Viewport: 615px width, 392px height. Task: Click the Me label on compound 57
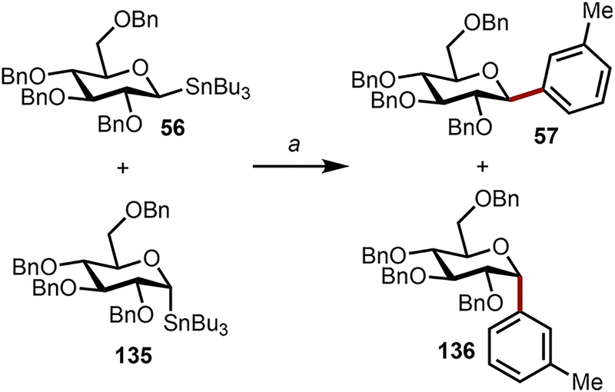point(578,12)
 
